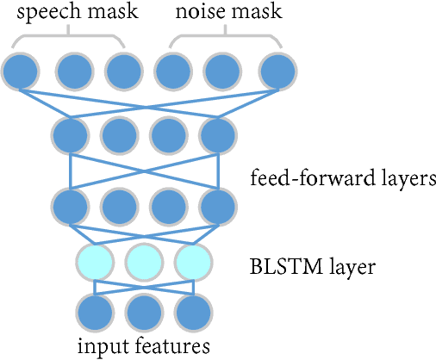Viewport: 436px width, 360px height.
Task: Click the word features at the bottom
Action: (x=173, y=346)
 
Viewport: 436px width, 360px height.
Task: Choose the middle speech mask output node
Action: (x=72, y=72)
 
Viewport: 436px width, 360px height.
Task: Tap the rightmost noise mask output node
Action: (x=277, y=72)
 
